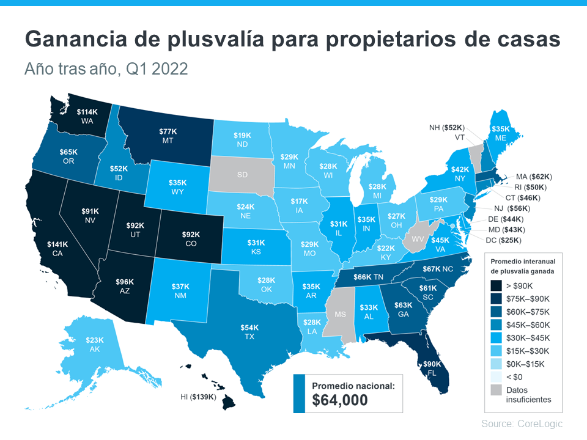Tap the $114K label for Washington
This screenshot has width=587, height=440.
pos(86,112)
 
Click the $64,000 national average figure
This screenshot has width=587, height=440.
pos(340,400)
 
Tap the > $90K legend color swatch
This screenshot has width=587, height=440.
pos(497,285)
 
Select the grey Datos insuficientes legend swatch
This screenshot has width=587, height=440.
pos(497,390)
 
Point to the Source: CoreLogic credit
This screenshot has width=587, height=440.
pos(522,424)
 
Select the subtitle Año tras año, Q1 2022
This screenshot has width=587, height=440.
pos(106,69)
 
